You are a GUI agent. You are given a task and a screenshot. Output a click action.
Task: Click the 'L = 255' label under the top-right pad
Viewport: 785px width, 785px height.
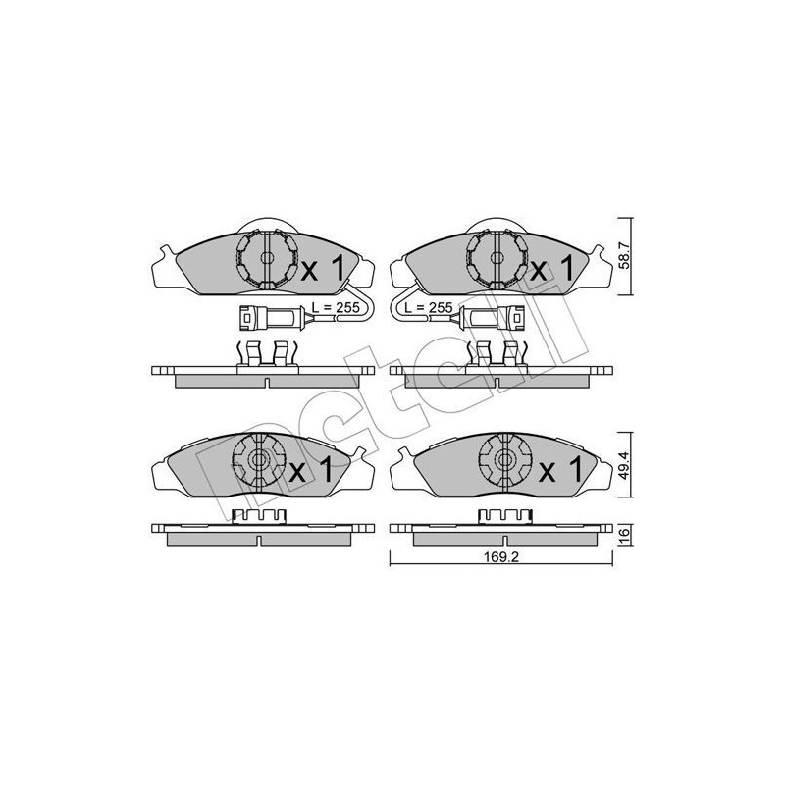(x=430, y=307)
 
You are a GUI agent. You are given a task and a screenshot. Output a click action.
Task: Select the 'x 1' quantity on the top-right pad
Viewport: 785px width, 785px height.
(x=551, y=267)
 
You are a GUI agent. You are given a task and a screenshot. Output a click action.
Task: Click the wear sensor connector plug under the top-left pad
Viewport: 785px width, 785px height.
(x=266, y=317)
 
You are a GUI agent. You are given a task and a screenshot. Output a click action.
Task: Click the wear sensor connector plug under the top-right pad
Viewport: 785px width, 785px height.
(x=494, y=317)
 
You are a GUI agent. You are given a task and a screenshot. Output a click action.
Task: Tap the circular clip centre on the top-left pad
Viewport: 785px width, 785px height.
(x=266, y=259)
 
